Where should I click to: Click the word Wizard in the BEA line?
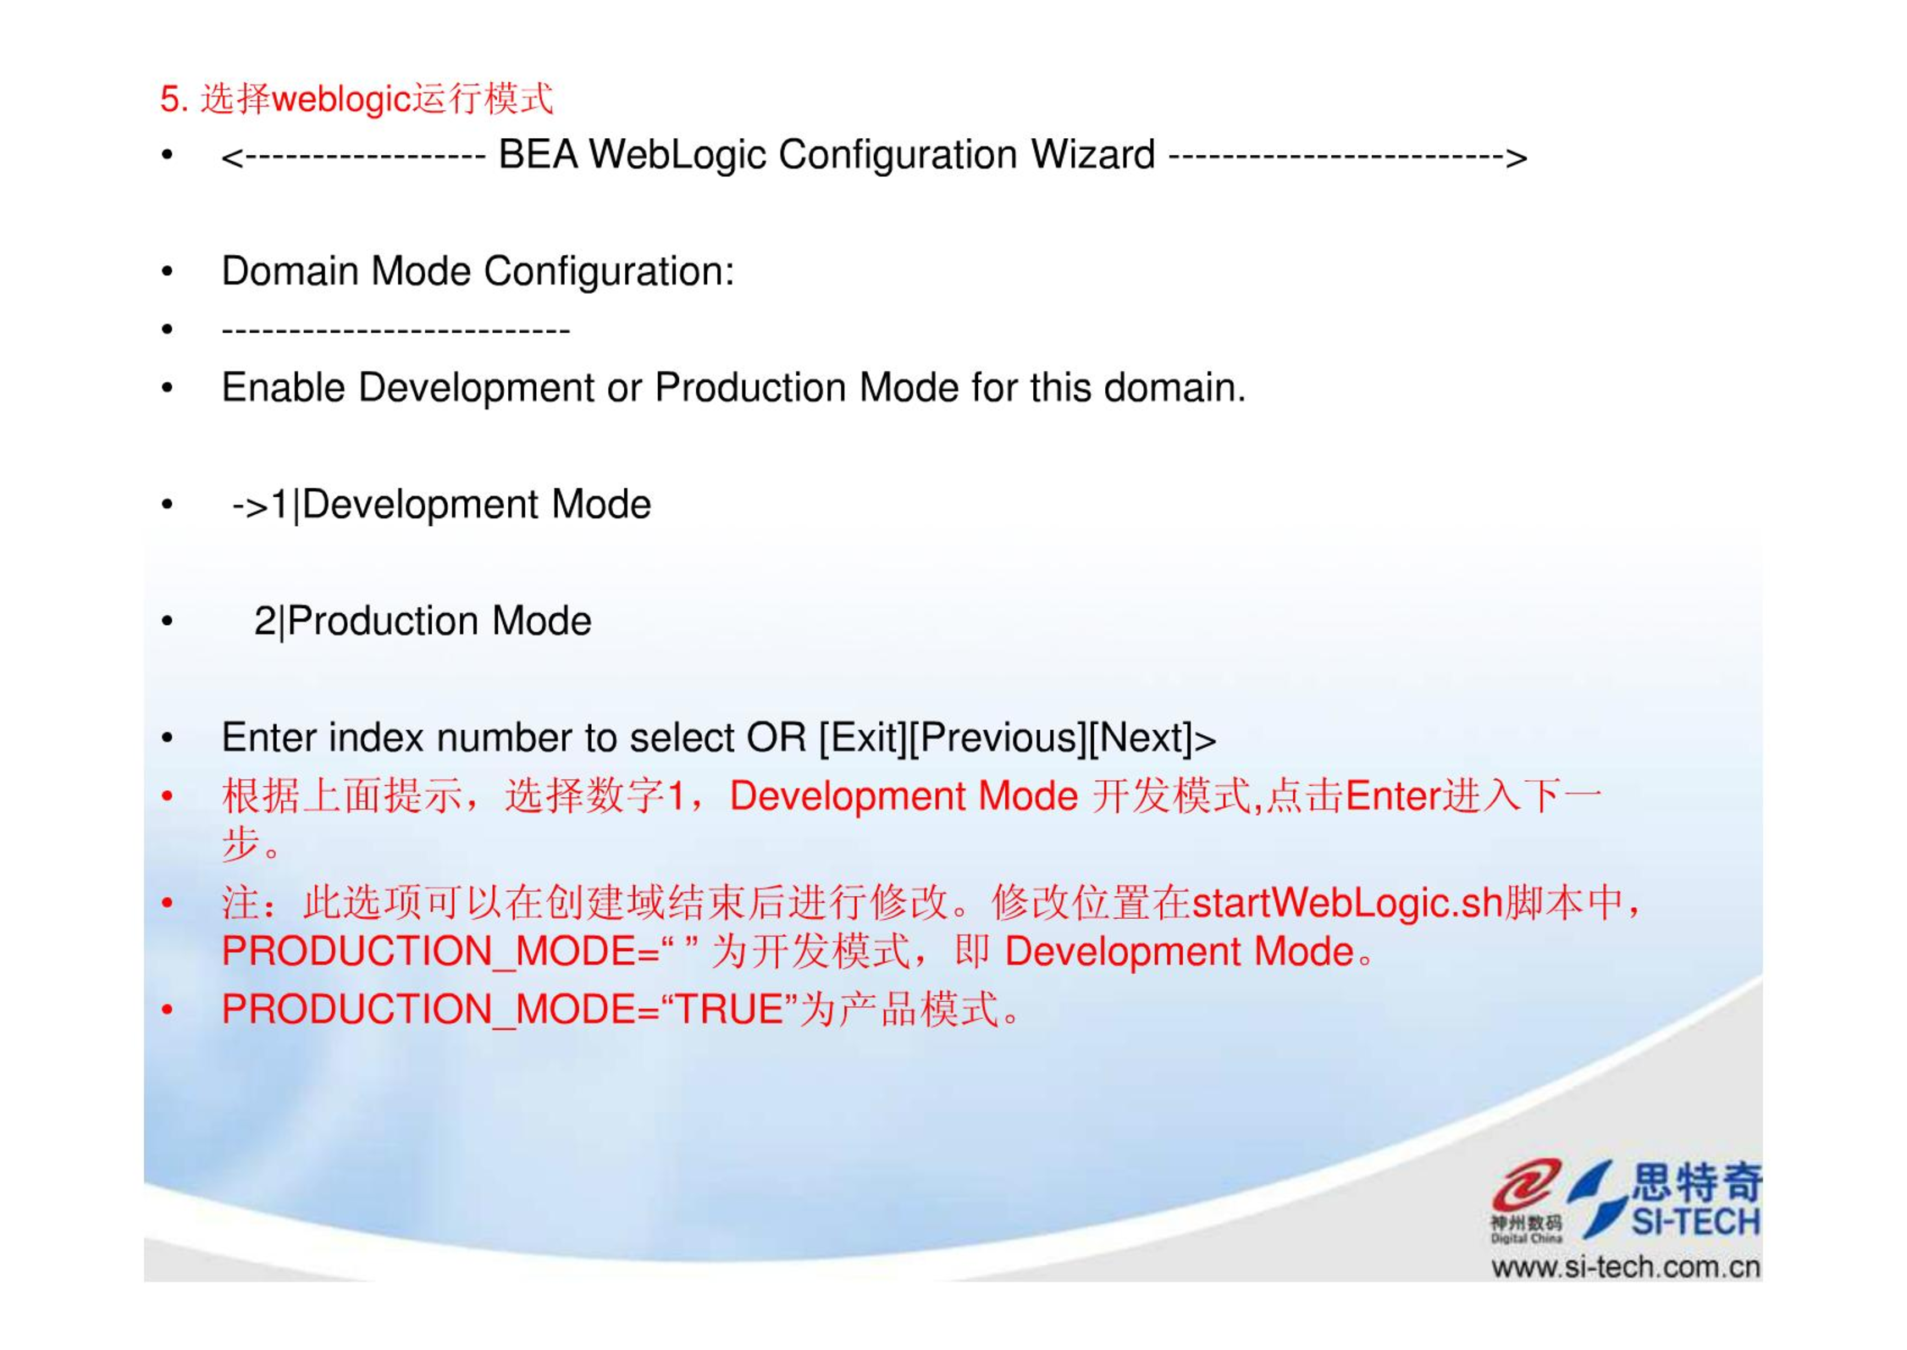click(x=1092, y=155)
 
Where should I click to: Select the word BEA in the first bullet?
click(x=538, y=155)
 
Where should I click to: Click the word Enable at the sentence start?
click(x=284, y=388)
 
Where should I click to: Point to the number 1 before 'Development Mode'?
click(x=279, y=506)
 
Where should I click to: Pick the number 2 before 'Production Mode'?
click(x=265, y=622)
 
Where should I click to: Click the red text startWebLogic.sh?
click(x=1347, y=903)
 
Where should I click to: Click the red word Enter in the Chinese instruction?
click(x=1393, y=797)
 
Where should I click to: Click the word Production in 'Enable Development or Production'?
click(x=749, y=388)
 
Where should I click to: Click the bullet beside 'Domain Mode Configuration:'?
click(x=168, y=272)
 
